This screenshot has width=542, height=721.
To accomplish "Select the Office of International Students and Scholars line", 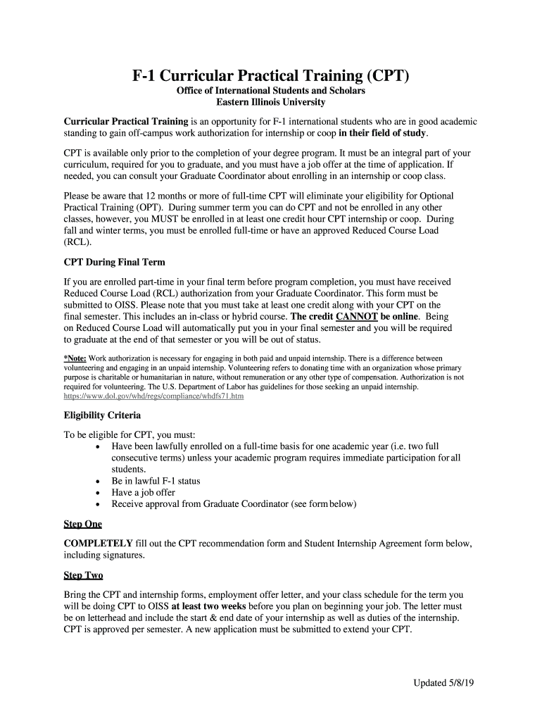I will (x=271, y=92).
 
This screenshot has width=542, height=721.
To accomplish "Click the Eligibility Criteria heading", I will (x=102, y=415).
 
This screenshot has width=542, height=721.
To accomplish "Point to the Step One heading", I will (x=82, y=524).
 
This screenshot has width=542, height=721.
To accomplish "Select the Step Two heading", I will (x=83, y=575).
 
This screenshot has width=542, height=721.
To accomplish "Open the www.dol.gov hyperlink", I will (x=153, y=396).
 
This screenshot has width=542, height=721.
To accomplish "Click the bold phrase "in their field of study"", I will (x=383, y=133).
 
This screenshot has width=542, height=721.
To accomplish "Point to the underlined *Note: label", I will (x=75, y=358).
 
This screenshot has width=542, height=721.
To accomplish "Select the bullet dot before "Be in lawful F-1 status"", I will (x=97, y=481).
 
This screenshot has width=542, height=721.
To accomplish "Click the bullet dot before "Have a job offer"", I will (x=97, y=493).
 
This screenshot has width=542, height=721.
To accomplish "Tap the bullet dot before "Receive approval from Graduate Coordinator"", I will (x=97, y=504).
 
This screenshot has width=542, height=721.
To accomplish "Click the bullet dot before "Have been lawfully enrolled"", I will (x=97, y=446).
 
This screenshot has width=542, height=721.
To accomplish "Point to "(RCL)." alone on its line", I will (x=77, y=242).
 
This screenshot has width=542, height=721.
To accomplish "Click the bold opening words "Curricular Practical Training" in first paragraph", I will (x=126, y=122).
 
